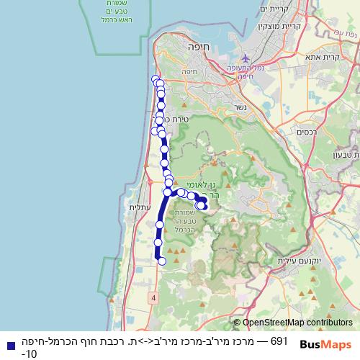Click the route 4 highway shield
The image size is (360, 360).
tap(154, 297)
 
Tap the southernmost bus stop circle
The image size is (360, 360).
tap(162, 261)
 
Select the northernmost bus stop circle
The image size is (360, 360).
tap(156, 79)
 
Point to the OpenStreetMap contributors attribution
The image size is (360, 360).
tap(294, 323)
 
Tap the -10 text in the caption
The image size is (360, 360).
tap(30, 354)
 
